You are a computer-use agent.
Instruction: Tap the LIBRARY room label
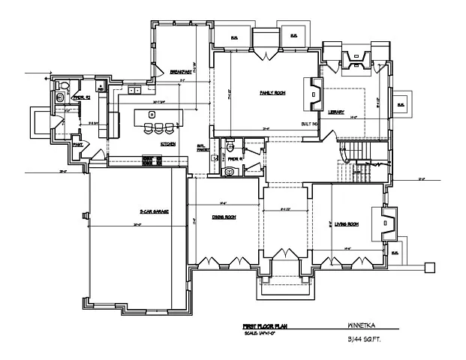point(335,112)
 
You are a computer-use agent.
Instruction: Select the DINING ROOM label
point(224,217)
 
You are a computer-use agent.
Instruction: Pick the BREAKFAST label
point(181,71)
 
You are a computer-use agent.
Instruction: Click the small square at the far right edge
point(431,265)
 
